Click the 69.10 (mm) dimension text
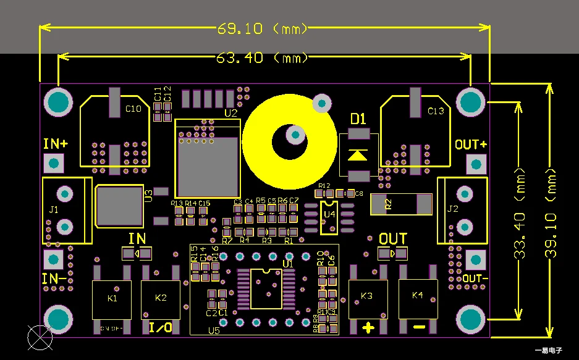[x=263, y=28]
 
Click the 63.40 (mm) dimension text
[x=262, y=58]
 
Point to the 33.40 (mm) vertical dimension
[x=520, y=213]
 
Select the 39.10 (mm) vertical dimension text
[x=552, y=213]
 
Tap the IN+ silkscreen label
[x=56, y=144]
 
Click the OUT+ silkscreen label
[x=471, y=144]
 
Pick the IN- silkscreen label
[x=54, y=278]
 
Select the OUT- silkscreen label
[x=475, y=278]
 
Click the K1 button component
[x=112, y=299]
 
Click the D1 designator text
[x=358, y=119]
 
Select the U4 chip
[x=329, y=215]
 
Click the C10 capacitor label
[x=133, y=109]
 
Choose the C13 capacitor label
[x=436, y=111]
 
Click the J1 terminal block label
[x=53, y=210]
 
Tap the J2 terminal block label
[x=452, y=209]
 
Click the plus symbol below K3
[x=368, y=327]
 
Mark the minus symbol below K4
[x=419, y=327]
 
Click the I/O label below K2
[x=161, y=327]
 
